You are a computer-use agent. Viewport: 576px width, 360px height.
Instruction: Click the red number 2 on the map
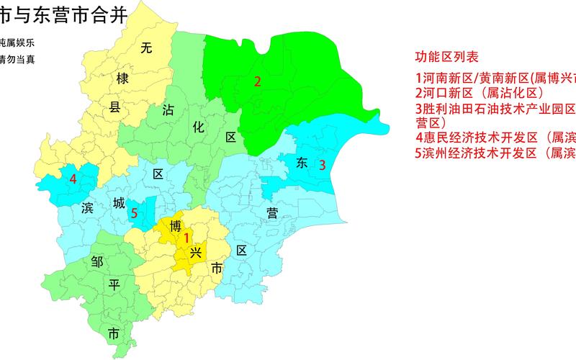[x=257, y=81]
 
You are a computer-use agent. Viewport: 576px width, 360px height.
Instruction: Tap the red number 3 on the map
[x=323, y=165]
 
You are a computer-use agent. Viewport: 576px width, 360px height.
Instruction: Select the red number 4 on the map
[x=73, y=179]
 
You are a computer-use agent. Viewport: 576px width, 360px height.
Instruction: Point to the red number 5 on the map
[x=135, y=213]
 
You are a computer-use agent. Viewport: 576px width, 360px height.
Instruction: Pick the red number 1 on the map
[x=186, y=238]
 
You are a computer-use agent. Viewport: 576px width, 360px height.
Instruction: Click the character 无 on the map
[x=146, y=49]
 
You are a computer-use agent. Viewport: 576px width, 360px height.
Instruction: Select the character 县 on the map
[x=114, y=108]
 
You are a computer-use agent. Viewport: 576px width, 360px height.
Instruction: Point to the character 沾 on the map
[x=169, y=109]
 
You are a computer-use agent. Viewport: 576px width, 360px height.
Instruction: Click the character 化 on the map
[x=199, y=125]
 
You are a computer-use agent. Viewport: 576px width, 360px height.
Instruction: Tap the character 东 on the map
[x=302, y=163]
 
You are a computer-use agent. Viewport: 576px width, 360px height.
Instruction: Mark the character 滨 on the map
[x=88, y=209]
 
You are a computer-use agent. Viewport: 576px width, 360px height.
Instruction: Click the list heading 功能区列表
[x=447, y=58]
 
